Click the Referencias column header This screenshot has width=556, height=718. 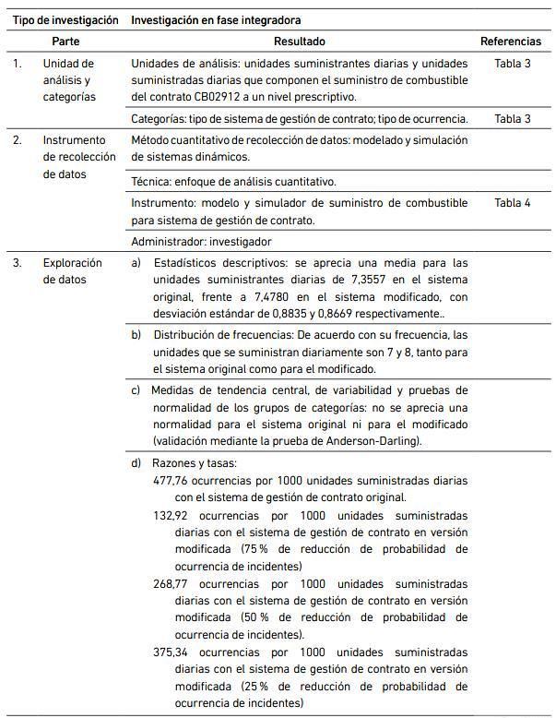click(511, 42)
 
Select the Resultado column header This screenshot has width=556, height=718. click(300, 42)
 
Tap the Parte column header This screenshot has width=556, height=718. click(65, 42)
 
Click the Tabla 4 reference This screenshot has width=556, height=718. click(513, 203)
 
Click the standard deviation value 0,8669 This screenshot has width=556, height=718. click(312, 314)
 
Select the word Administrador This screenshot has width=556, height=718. click(168, 242)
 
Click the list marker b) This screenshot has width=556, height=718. click(136, 334)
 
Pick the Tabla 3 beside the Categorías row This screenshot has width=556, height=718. click(513, 118)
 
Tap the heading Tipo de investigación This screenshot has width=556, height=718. click(65, 19)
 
